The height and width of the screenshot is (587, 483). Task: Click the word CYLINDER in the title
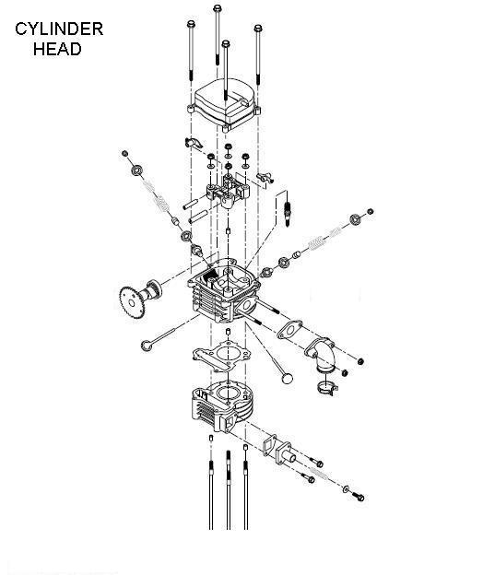tap(59, 29)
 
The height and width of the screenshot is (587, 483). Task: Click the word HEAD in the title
tap(57, 49)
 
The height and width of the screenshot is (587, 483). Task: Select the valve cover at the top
tap(224, 104)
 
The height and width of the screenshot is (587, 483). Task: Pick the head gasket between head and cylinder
tap(221, 355)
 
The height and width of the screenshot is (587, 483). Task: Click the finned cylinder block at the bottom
tap(222, 406)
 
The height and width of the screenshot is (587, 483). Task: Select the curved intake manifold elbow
tap(320, 356)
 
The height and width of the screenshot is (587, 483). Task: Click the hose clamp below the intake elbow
tap(327, 388)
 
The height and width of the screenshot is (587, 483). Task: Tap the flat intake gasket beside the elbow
tap(289, 330)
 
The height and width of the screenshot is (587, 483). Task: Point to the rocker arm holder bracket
tap(228, 191)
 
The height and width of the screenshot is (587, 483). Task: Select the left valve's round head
tap(147, 346)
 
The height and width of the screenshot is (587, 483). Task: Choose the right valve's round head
tap(288, 378)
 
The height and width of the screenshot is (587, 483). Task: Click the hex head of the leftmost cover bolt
tap(191, 24)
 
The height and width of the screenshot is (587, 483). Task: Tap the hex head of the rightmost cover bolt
tap(257, 29)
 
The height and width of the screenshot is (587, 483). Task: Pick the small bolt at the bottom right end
tap(359, 498)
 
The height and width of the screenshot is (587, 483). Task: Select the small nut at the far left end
tap(125, 153)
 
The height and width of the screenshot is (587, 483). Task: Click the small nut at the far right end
tap(371, 212)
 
